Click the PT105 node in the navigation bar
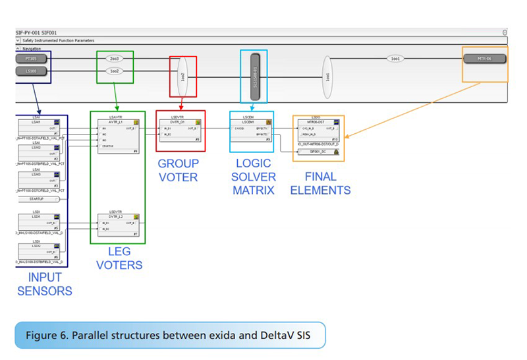(x=31, y=58)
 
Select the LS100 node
(x=31, y=70)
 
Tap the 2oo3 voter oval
(x=115, y=58)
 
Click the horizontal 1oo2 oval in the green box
(x=115, y=70)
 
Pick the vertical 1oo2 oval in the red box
(x=182, y=76)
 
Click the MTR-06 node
(x=485, y=59)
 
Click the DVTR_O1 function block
(x=180, y=129)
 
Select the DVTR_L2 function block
(x=117, y=224)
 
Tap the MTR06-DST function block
(x=318, y=130)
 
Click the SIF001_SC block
(x=318, y=152)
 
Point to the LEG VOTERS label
(x=119, y=259)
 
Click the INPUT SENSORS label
(x=45, y=285)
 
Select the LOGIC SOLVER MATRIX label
(x=254, y=177)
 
